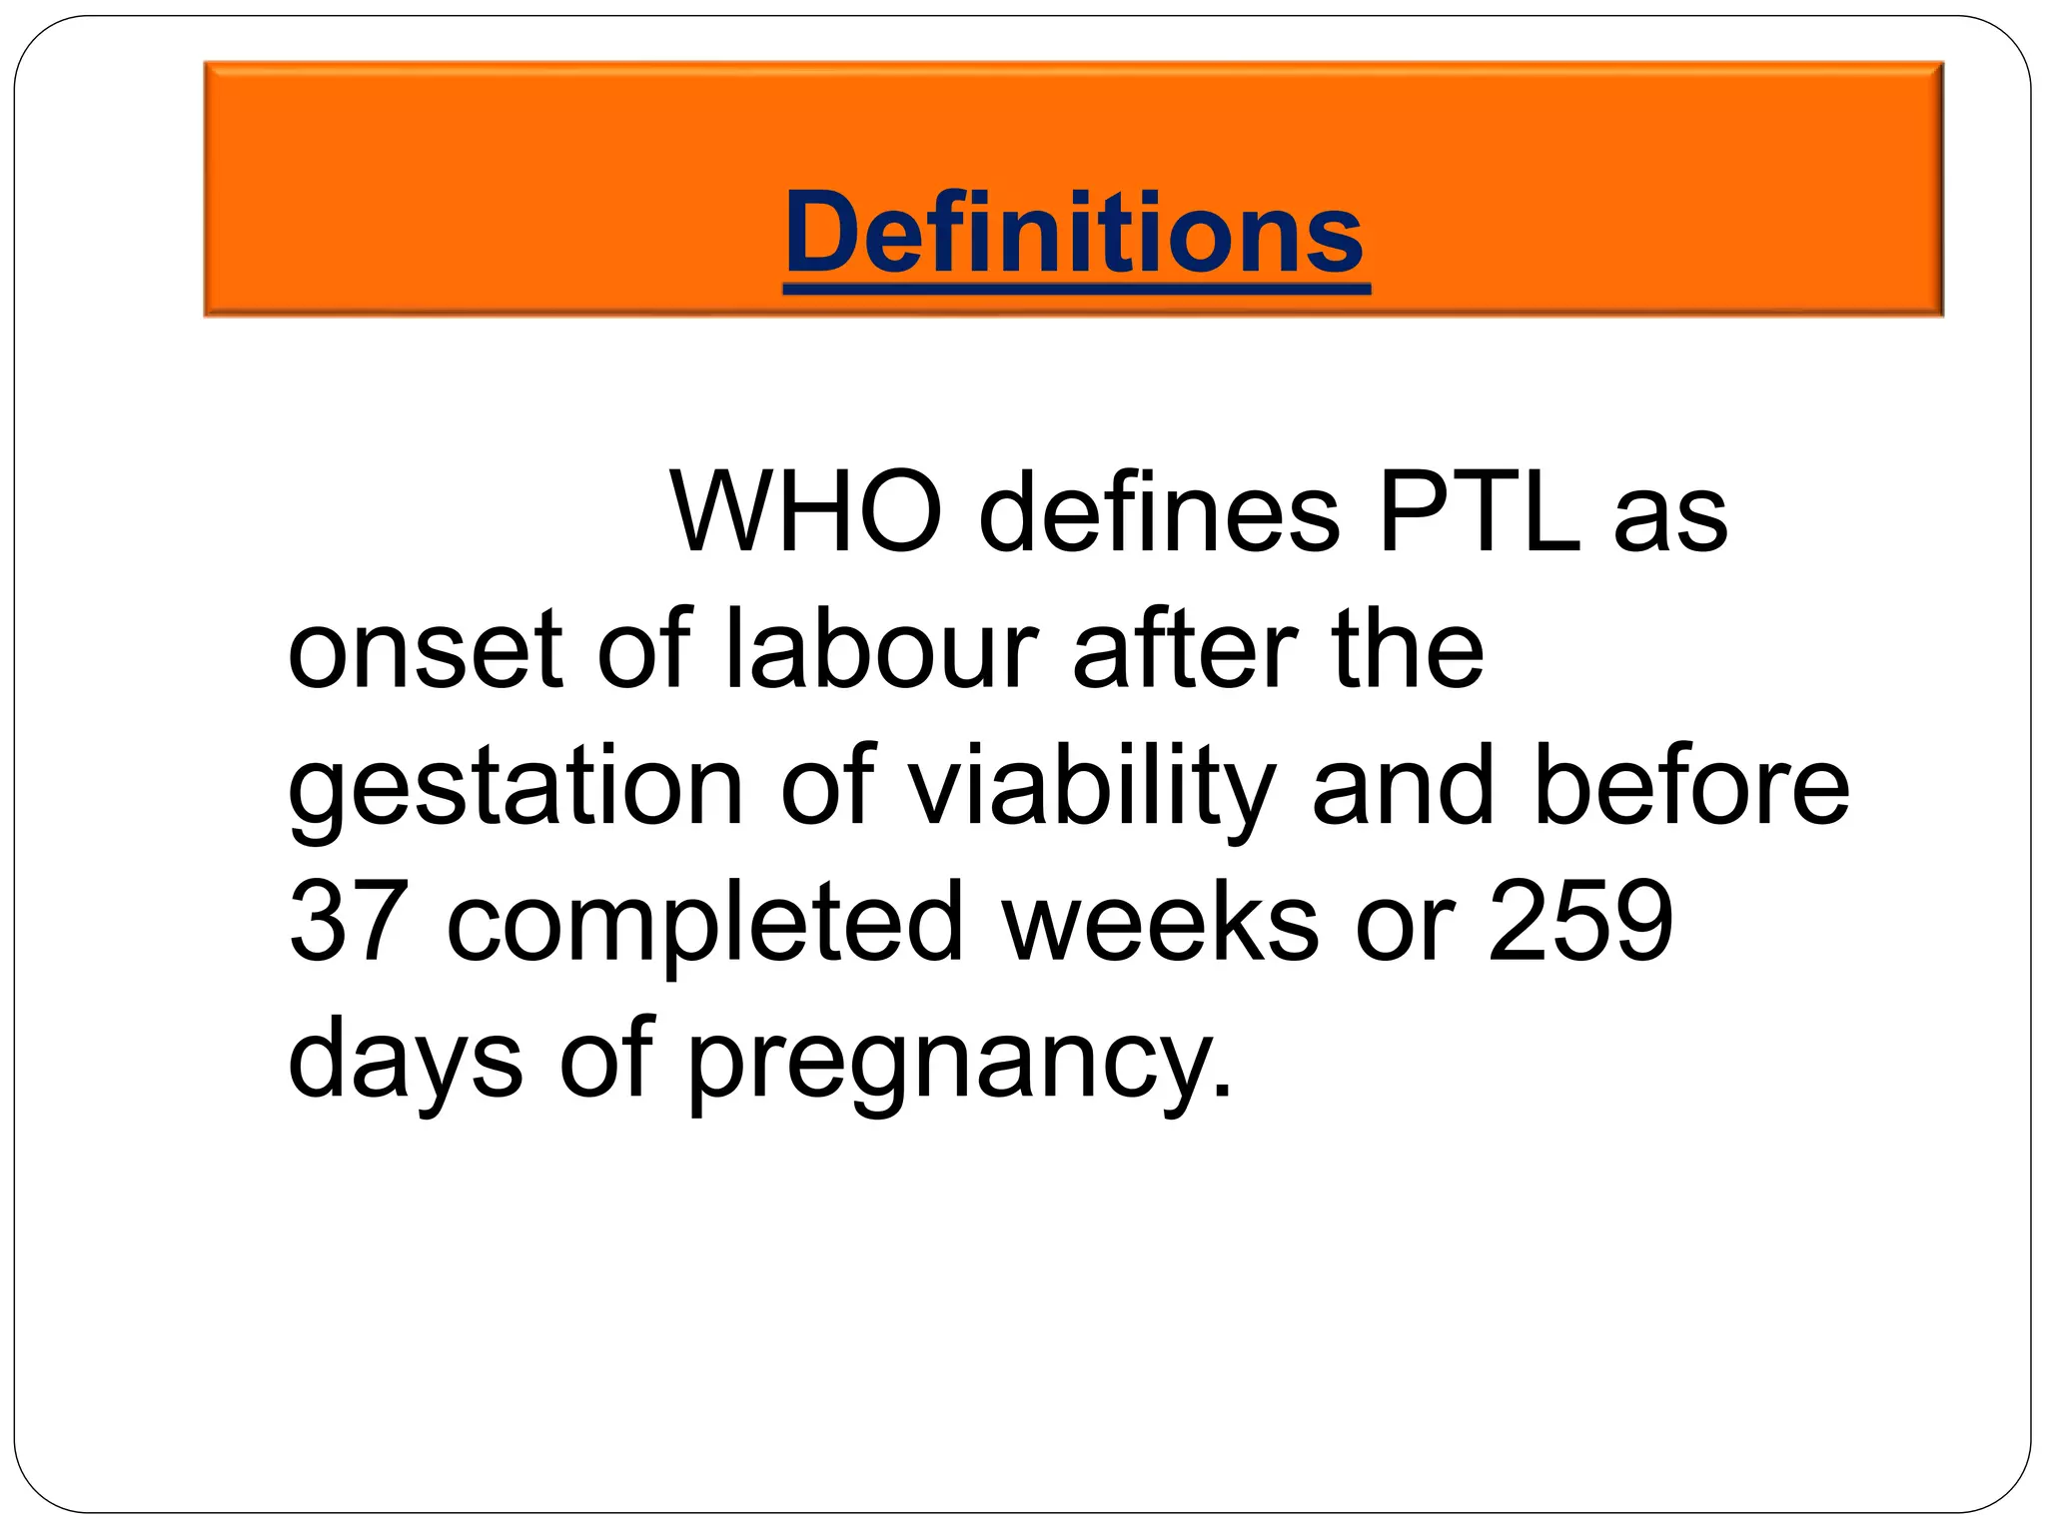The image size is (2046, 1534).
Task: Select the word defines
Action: (x=1159, y=512)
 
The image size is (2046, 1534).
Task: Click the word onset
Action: (x=425, y=651)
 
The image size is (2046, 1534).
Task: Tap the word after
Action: (x=1185, y=649)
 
